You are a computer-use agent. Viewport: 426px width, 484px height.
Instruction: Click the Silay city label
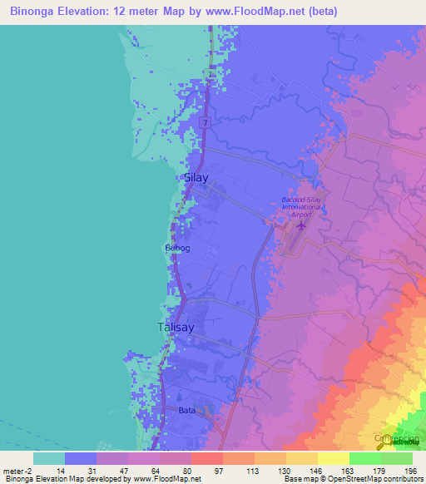(196, 178)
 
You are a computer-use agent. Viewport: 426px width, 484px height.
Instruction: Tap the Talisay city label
(176, 328)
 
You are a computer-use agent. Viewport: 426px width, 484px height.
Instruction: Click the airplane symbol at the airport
(299, 225)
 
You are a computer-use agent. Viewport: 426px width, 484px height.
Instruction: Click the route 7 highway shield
(206, 122)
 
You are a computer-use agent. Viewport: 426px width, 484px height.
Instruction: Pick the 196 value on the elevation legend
(409, 471)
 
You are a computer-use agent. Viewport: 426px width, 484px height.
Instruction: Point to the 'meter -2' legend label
(18, 471)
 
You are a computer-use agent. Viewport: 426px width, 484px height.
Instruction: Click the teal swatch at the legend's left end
(48, 458)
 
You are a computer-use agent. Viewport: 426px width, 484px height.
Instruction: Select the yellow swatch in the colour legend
(333, 458)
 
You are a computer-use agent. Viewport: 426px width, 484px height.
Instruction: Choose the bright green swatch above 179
(364, 458)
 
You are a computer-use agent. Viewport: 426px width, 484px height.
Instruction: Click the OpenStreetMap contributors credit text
(372, 479)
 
